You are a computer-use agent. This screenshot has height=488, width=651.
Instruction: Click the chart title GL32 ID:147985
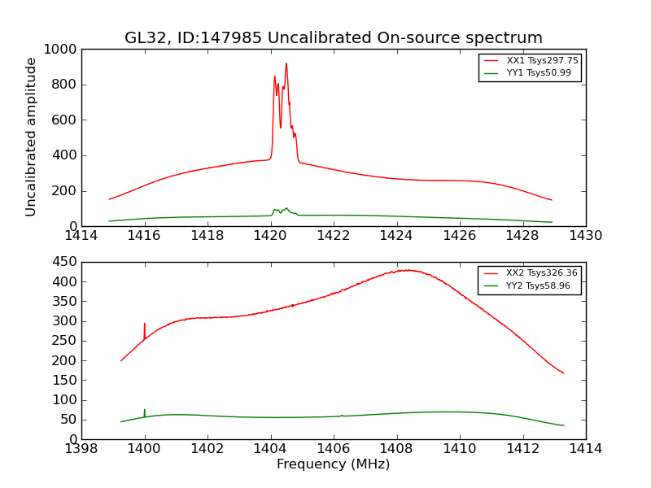333,38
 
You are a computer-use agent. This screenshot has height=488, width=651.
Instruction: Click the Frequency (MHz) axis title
333,464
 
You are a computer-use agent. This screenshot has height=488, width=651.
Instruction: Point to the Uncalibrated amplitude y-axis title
32,137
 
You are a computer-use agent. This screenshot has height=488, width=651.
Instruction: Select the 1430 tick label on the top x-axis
585,236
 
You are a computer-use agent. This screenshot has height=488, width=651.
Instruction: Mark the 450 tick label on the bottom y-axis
65,262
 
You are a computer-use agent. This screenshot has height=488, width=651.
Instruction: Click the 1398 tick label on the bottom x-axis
81,449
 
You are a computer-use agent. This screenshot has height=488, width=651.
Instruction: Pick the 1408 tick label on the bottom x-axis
396,449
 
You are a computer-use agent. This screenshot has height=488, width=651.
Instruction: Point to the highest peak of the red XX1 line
286,63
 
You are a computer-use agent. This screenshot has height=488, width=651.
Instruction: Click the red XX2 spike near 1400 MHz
145,324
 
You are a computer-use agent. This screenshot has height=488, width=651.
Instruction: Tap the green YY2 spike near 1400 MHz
145,410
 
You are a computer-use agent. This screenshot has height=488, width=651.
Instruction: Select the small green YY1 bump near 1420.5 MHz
286,208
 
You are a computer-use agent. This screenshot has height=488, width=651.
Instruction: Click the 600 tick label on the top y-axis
65,120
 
